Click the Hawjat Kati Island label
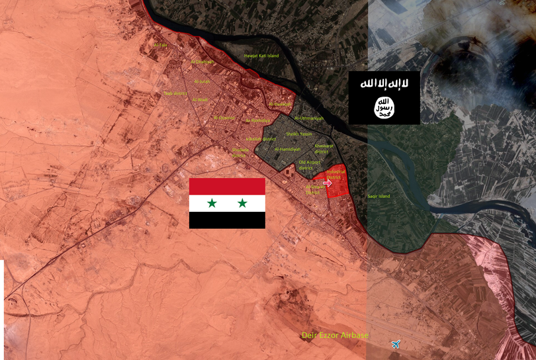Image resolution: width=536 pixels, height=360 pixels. [262, 56]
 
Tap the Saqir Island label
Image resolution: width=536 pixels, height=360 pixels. [379, 197]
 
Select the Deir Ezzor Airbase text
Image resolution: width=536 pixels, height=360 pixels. [335, 336]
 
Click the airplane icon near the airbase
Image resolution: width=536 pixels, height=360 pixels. [396, 343]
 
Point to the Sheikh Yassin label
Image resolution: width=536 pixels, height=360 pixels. [298, 134]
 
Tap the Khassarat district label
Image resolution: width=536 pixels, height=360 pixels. [325, 148]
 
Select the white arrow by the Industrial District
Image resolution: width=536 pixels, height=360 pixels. [328, 183]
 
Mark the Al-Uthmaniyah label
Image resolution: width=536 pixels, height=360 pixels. [309, 118]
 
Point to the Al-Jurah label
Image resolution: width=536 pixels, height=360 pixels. [202, 81]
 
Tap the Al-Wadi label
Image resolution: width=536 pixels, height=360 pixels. [200, 99]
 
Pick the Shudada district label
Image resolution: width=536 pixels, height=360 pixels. [241, 153]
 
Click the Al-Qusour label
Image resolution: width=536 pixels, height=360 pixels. [224, 118]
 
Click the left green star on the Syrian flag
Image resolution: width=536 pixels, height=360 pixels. [212, 203]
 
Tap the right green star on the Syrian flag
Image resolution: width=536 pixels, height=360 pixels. [242, 203]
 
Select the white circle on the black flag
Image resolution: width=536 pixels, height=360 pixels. [384, 106]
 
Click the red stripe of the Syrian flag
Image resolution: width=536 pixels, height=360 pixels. [227, 187]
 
